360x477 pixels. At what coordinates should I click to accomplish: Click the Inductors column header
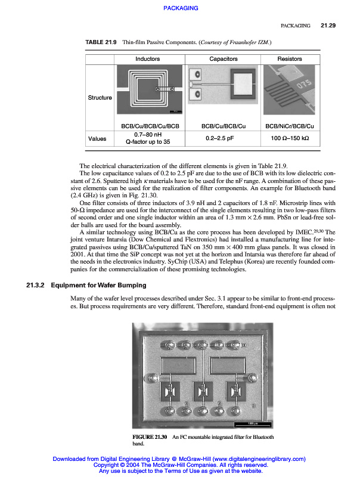click(147, 59)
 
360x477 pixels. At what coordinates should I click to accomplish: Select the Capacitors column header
click(224, 59)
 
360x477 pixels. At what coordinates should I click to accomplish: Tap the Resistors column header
click(290, 59)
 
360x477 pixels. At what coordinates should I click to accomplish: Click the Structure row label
click(100, 97)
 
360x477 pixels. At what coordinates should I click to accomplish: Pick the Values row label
click(97, 138)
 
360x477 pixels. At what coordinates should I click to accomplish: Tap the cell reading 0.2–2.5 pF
click(224, 138)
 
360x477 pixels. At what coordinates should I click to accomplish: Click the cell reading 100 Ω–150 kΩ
click(290, 138)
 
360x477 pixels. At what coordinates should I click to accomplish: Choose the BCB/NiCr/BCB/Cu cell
click(290, 126)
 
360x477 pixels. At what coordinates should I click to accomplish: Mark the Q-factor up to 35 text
click(147, 142)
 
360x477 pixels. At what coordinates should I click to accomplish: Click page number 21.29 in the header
click(328, 26)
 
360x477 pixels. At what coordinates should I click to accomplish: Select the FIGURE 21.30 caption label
click(150, 437)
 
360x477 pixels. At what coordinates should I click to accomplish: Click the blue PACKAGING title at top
click(179, 8)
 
